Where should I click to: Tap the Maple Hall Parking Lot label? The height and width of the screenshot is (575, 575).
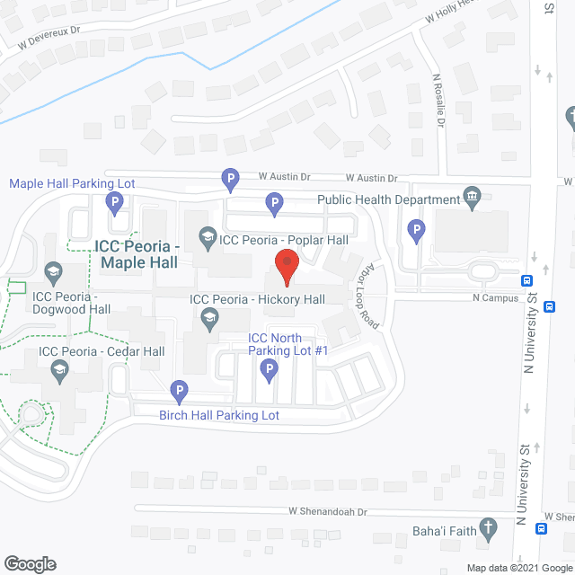click(72, 183)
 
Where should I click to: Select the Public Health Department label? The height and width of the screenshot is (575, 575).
click(388, 199)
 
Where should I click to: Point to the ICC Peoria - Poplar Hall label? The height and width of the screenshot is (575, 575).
click(283, 240)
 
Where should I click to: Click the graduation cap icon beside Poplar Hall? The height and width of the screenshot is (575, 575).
click(208, 239)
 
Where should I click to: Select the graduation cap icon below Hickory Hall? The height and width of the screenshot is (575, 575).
click(208, 316)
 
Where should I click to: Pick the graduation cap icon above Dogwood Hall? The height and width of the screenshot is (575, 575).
click(53, 271)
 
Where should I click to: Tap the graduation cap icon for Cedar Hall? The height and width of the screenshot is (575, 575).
click(59, 368)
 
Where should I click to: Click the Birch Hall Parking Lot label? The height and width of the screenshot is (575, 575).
click(219, 415)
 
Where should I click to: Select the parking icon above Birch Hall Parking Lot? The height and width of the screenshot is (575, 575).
click(179, 391)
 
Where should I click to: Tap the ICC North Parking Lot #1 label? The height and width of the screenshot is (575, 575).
click(287, 344)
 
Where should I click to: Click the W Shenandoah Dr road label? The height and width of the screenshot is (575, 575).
click(329, 511)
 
